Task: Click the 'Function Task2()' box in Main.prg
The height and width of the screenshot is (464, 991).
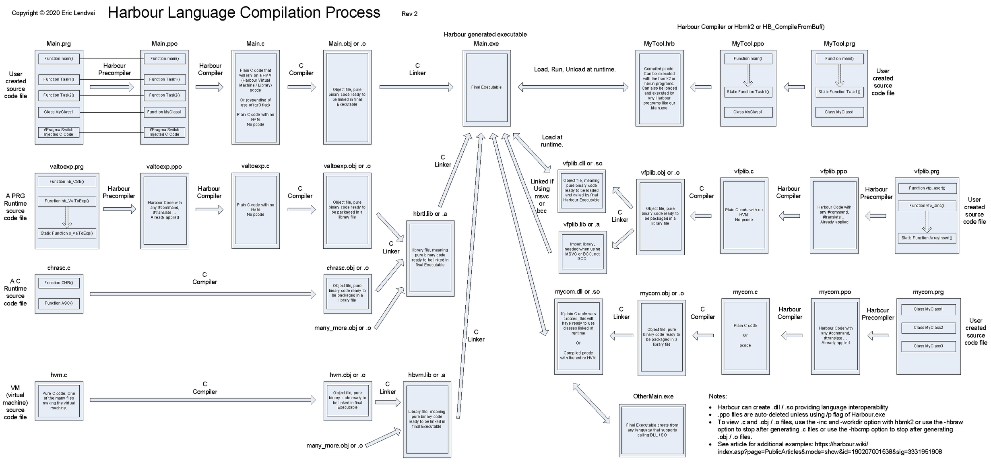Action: (x=59, y=95)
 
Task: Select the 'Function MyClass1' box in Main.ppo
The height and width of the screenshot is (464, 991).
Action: (x=164, y=112)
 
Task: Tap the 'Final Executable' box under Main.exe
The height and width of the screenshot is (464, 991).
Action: (x=486, y=87)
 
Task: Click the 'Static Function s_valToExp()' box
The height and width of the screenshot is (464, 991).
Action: (x=67, y=233)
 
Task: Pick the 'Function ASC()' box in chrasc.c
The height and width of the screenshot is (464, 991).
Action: (x=59, y=303)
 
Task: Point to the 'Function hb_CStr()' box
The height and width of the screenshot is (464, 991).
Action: (x=67, y=182)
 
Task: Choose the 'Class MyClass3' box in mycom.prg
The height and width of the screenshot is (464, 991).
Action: (x=928, y=346)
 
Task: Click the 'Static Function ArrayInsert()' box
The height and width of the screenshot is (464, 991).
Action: (x=927, y=238)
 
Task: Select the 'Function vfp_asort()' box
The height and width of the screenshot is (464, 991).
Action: (x=927, y=188)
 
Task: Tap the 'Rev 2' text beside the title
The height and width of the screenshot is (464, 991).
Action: (x=409, y=14)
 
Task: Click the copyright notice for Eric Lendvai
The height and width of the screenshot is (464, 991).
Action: (x=53, y=13)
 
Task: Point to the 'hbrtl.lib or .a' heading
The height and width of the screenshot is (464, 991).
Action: (x=430, y=214)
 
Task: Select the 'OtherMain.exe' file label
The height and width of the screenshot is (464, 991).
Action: (x=653, y=396)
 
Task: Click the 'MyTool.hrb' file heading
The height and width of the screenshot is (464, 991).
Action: (x=659, y=44)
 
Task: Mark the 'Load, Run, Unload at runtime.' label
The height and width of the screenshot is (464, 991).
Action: (x=574, y=69)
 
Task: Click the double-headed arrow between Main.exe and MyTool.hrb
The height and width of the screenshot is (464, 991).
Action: (x=573, y=87)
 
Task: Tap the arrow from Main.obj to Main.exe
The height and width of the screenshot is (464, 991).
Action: (x=416, y=87)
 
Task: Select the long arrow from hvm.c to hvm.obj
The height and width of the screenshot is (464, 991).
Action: (x=203, y=400)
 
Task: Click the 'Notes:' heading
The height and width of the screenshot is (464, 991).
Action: (x=718, y=396)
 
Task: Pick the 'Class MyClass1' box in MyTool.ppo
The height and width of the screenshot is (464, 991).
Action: (x=747, y=112)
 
